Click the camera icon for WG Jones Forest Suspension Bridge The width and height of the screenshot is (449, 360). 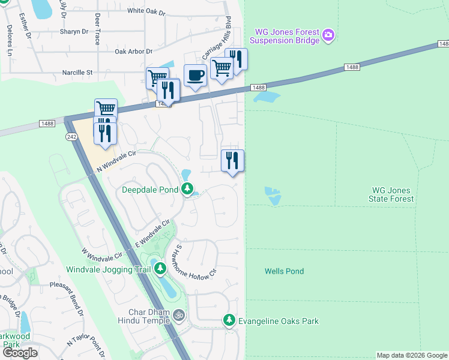pos(328,35)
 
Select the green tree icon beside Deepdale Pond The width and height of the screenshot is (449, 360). pos(187,190)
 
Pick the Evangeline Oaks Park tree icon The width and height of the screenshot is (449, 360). pos(229,321)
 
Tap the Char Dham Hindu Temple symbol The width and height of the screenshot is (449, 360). pos(178,314)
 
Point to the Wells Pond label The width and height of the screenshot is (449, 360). pos(284,271)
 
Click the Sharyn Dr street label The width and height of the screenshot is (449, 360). pos(74,32)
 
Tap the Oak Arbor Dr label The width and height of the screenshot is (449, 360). pos(138,52)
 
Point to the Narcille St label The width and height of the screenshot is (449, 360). pos(77,73)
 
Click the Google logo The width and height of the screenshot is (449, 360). pos(20,353)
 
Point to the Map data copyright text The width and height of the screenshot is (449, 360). pos(412,355)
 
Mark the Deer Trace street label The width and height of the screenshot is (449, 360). pos(97,30)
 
